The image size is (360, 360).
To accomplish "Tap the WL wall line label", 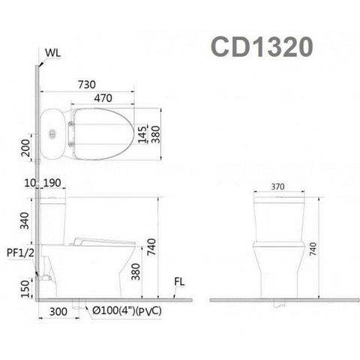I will tap(52, 52).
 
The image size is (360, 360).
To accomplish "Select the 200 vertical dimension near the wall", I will tap(25, 154).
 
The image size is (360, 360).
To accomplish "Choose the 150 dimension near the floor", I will tap(25, 287).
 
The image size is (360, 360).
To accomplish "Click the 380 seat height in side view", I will tap(135, 270).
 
